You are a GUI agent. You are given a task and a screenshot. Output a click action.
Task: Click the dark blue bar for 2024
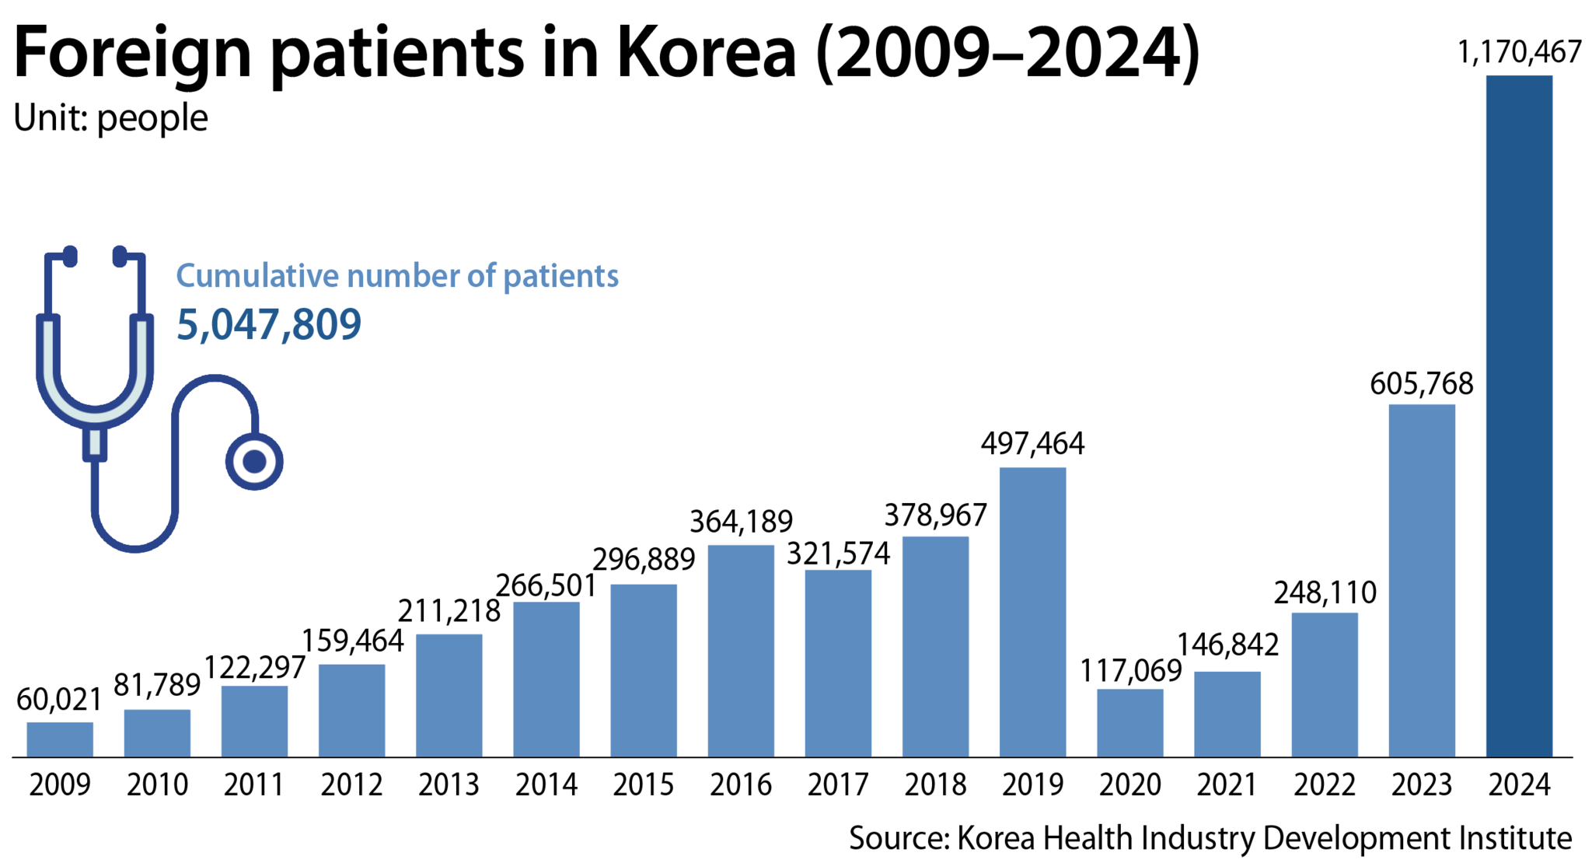(x=1519, y=416)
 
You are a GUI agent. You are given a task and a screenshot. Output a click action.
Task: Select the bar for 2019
(x=1032, y=612)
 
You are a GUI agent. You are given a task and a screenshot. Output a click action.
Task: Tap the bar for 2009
(x=60, y=739)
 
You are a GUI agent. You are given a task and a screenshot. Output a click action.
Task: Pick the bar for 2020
(x=1130, y=723)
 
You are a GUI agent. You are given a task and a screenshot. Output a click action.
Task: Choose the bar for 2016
(x=741, y=651)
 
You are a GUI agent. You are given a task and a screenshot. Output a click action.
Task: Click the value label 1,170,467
(x=1519, y=53)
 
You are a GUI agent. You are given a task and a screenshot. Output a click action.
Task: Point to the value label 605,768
(x=1422, y=384)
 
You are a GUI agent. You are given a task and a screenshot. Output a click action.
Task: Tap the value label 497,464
(x=1032, y=444)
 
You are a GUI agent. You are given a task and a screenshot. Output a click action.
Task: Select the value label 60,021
(x=60, y=700)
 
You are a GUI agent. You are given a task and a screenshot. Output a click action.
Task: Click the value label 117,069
(x=1130, y=670)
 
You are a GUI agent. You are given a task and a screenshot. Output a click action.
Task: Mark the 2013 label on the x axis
(x=449, y=784)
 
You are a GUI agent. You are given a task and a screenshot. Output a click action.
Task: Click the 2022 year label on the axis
(x=1325, y=784)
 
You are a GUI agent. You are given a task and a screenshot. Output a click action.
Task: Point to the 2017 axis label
(x=838, y=784)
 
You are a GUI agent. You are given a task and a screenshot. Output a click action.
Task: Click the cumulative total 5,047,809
(x=269, y=324)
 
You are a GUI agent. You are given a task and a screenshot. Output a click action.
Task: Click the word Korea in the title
(x=707, y=53)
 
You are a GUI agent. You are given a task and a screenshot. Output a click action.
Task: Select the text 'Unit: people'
(x=111, y=118)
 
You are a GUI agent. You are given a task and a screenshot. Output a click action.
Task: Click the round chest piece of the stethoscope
(x=254, y=462)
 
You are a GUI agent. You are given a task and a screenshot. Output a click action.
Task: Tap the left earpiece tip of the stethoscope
(x=71, y=256)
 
